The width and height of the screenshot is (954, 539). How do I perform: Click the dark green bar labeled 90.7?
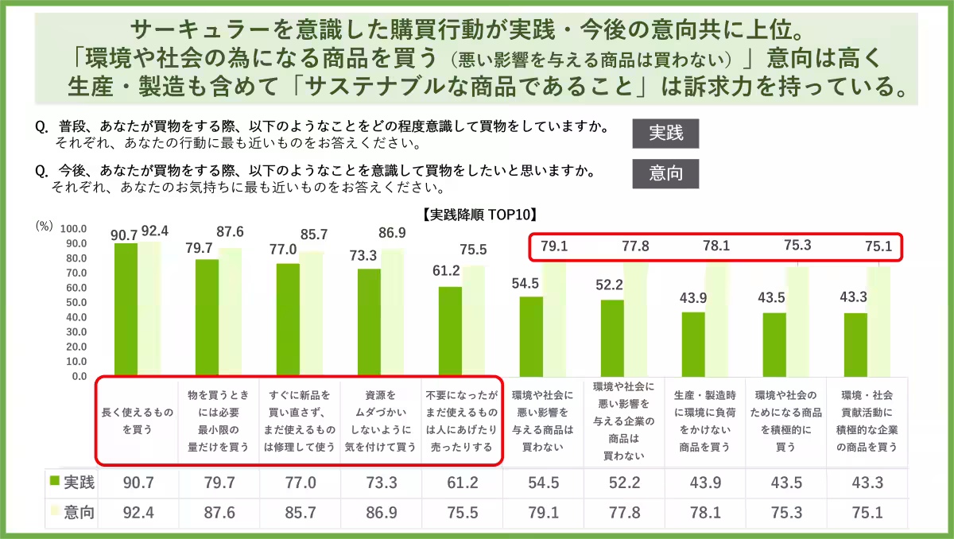click(126, 308)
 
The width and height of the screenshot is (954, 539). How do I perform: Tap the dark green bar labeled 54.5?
click(531, 335)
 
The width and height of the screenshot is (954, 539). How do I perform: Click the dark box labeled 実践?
click(665, 134)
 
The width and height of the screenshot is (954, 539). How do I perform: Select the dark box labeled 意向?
click(665, 173)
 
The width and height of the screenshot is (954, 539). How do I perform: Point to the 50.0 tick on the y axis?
click(74, 303)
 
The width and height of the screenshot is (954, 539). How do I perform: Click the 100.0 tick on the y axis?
click(72, 228)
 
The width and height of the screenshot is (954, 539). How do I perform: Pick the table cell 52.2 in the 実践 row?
click(624, 482)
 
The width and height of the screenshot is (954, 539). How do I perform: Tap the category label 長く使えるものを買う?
click(137, 421)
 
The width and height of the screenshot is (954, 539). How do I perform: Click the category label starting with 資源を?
click(380, 421)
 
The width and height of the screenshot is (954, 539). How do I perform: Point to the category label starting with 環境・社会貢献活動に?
click(865, 421)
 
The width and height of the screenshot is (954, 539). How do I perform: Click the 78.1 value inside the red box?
click(716, 246)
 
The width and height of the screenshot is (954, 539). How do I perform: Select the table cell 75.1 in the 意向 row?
click(865, 513)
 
